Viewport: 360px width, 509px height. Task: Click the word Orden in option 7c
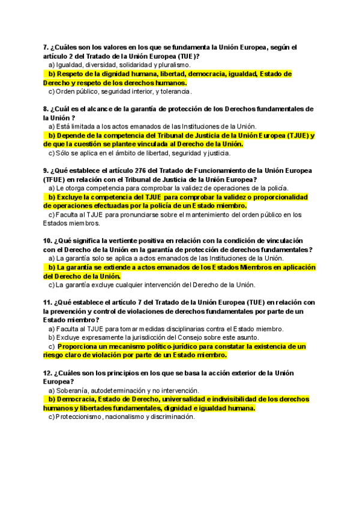coord(65,92)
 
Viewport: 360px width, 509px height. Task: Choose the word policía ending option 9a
coord(277,188)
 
